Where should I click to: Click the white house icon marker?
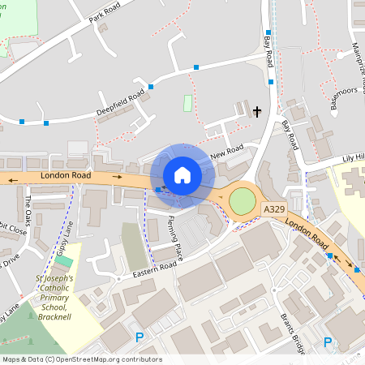[182, 174]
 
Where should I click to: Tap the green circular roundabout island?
[242, 200]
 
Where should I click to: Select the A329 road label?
[274, 209]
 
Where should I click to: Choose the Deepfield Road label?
[121, 101]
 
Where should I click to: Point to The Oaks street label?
[28, 210]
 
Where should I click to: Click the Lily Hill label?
[353, 157]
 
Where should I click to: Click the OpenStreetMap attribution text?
[81, 359]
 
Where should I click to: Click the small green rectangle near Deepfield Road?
[188, 103]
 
